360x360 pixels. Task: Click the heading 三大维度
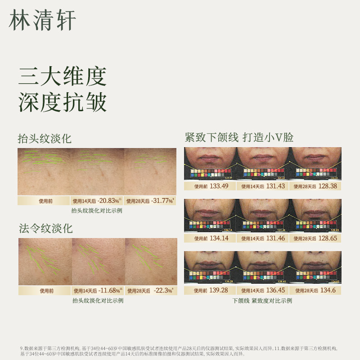coord(62,76)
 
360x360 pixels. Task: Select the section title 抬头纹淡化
coord(45,139)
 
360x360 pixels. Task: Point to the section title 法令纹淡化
coord(45,228)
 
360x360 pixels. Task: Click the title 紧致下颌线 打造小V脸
coord(239,137)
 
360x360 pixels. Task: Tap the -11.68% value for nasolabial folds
coord(108,291)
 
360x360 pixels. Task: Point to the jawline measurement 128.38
coord(327,186)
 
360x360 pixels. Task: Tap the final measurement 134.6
coord(327,290)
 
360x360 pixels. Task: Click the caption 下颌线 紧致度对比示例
coord(262,301)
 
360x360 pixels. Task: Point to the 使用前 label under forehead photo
coord(44,201)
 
